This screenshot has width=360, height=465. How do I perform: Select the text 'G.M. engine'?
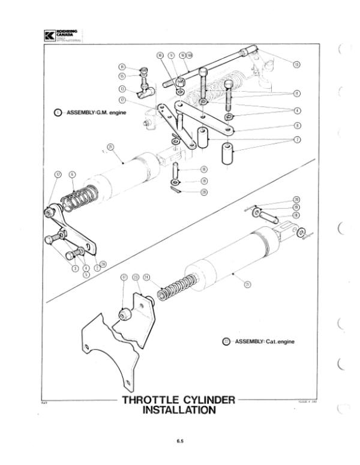(107, 112)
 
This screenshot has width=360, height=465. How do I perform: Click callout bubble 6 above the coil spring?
(72, 174)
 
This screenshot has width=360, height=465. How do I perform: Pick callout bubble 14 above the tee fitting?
(122, 67)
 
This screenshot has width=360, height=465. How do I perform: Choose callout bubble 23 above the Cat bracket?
(136, 277)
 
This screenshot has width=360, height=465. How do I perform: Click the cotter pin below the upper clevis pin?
(175, 191)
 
